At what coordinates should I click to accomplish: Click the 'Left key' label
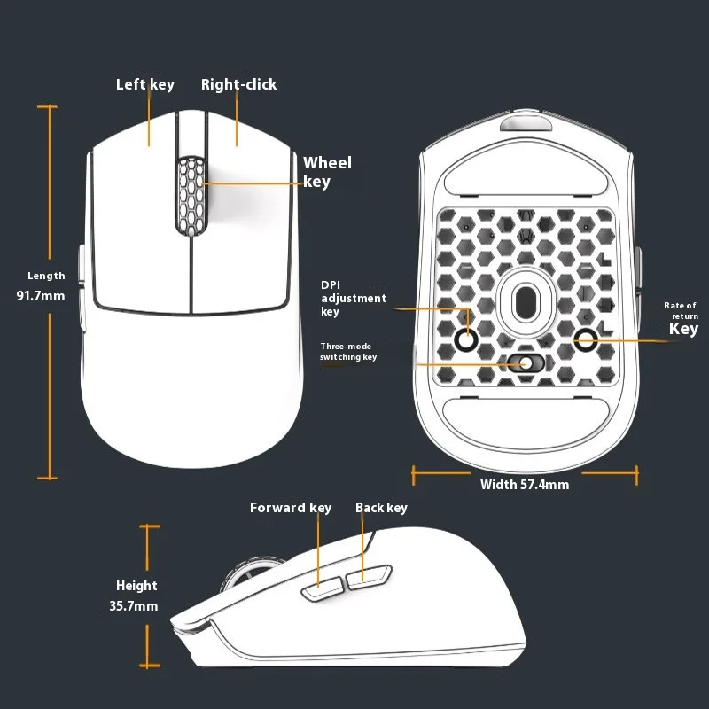145,85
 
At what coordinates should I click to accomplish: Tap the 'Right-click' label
238,85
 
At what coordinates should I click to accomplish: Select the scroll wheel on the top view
191,197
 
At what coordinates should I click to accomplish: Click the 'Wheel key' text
327,172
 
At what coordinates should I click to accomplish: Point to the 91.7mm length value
41,295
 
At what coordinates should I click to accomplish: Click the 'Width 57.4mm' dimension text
525,485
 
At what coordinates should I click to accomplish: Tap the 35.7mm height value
134,606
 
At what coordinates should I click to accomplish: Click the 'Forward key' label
290,508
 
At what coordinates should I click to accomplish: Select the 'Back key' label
381,508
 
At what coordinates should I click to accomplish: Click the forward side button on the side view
323,588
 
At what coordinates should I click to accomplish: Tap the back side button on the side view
369,578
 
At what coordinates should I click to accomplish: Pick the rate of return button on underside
587,338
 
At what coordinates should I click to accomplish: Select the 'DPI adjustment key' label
353,299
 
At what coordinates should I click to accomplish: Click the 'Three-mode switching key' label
348,351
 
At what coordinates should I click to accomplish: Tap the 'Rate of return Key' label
682,320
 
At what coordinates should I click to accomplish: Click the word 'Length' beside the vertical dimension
46,277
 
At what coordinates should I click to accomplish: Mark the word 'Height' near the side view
136,586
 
